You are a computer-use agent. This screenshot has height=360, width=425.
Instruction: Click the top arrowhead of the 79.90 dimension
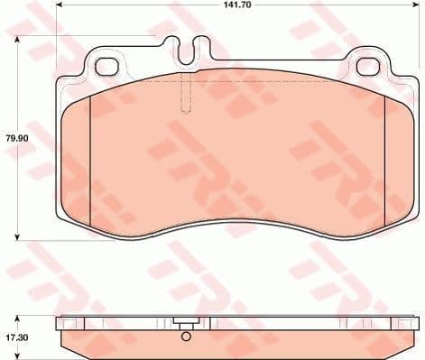[x=19, y=40]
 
